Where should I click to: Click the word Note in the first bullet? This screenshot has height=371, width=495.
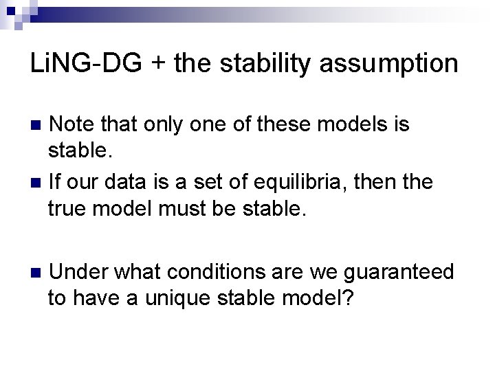(x=74, y=124)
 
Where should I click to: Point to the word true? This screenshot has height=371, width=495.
(x=70, y=208)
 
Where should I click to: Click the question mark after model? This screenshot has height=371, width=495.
(x=349, y=297)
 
